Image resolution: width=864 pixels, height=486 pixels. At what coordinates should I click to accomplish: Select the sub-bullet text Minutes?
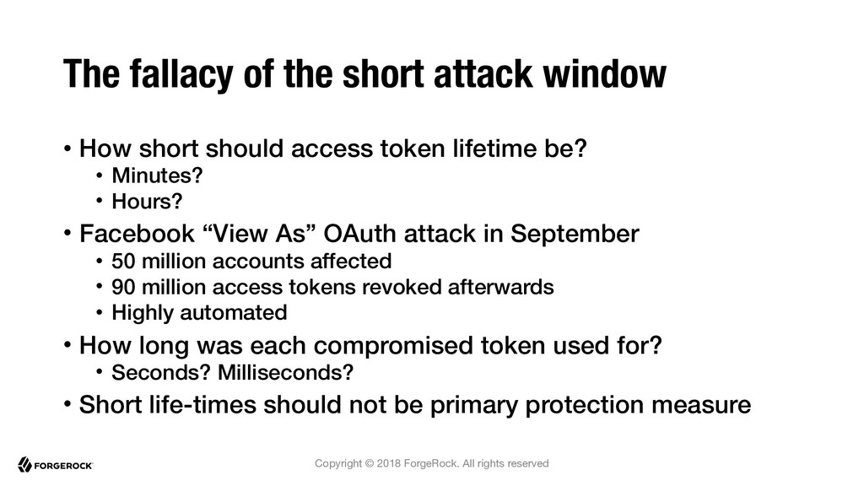point(157,175)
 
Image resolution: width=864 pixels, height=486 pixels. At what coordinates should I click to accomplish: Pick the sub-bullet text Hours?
point(147,201)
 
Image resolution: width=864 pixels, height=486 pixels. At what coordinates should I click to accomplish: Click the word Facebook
point(137,234)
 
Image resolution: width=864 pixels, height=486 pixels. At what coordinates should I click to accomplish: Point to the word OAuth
point(359,234)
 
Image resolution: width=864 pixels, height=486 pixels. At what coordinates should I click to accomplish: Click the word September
point(575,235)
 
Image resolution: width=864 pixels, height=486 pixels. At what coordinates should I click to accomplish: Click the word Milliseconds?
point(285,372)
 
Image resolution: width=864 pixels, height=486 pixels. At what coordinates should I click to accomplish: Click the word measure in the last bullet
point(701,406)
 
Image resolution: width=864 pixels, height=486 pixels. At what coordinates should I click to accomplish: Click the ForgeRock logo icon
point(24,465)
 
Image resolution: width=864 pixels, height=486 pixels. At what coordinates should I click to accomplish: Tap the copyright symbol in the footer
point(370,463)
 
